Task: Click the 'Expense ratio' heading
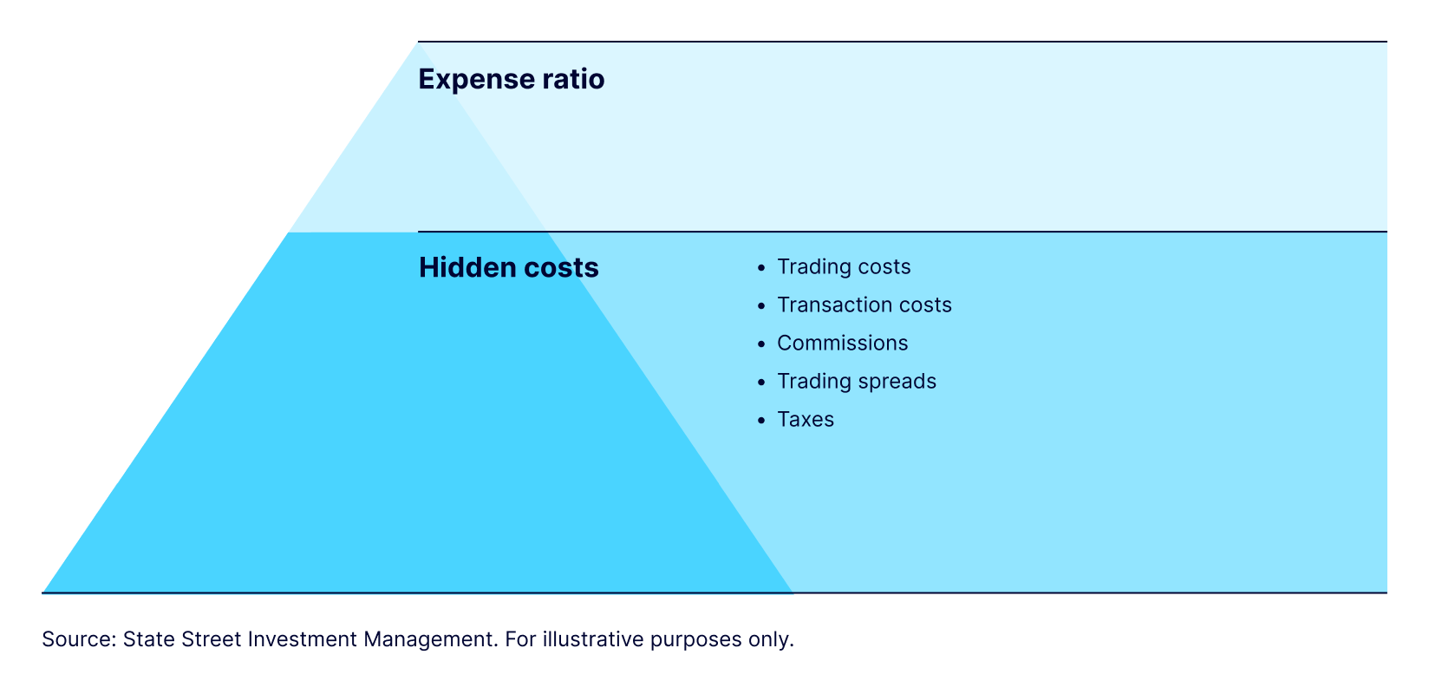[511, 80]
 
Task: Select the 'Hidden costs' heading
[508, 267]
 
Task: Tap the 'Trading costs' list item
[844, 267]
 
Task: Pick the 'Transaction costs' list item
[864, 305]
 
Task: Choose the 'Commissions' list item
[842, 344]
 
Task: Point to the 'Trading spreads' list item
[856, 382]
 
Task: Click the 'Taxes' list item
[805, 420]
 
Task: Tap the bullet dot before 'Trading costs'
[761, 269]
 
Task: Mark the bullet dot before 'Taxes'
[761, 421]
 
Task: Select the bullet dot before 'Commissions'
[761, 344]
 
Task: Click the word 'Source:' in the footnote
[79, 639]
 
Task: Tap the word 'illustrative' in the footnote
[593, 639]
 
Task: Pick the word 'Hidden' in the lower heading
[467, 267]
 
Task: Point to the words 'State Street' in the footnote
[182, 639]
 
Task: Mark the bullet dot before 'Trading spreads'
[761, 383]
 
